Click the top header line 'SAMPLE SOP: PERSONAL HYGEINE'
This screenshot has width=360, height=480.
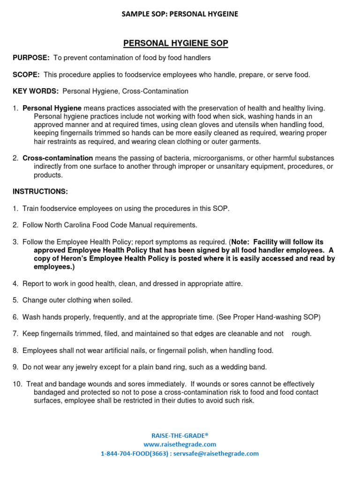coord(180,14)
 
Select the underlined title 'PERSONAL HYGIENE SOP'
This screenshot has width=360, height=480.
coord(176,44)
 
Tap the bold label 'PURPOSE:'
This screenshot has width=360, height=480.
coord(31,58)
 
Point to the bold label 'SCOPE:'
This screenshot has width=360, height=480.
coord(26,75)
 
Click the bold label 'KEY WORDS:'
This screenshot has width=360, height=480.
coord(36,91)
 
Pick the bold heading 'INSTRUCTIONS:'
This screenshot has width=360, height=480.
coord(40,192)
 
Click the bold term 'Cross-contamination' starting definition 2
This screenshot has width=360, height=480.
coord(58,158)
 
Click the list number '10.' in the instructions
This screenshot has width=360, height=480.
coord(18,384)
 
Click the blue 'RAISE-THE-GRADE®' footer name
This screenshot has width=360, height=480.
coord(180,435)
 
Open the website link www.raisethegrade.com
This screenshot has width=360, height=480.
coord(180,444)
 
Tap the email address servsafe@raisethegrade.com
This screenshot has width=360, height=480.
coord(219,454)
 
